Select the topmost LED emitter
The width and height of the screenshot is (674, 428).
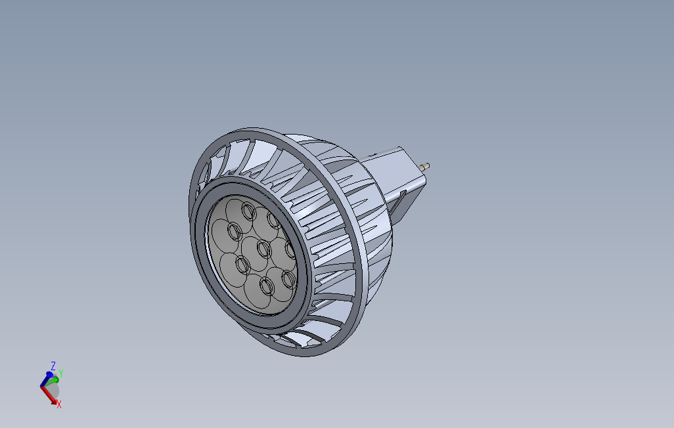pos(248,210)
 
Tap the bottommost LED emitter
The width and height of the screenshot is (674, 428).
pos(267,286)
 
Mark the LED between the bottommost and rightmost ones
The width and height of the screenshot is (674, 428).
pos(288,280)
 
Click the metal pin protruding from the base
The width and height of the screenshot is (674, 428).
pos(427,165)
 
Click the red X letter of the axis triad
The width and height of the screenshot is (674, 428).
pos(59,405)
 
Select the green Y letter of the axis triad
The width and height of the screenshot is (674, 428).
pos(60,372)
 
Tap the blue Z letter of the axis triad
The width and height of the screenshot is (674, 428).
pos(53,365)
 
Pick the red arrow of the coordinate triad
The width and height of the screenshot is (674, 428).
pos(49,394)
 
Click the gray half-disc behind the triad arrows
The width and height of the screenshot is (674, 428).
pos(55,389)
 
